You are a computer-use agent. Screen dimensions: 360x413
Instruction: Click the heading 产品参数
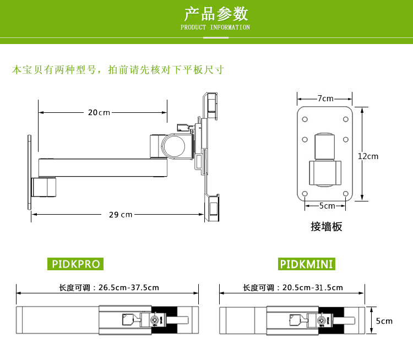pos(216,13)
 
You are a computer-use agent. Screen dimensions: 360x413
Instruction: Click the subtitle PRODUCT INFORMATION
pos(215,27)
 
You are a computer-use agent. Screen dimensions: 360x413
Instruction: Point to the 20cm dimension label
pos(99,112)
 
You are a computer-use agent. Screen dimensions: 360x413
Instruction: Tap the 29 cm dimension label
pos(121,214)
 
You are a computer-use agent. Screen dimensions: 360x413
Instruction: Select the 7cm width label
pos(325,99)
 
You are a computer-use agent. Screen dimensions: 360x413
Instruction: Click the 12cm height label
pos(368,156)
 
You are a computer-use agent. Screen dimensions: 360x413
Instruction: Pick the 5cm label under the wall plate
pos(327,206)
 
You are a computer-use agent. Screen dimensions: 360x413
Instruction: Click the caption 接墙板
pos(326,226)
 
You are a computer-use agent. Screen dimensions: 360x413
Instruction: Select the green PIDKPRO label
pos(76,264)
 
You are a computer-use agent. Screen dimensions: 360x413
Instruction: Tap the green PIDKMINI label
pos(307,264)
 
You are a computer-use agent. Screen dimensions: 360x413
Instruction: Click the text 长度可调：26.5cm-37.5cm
pos(109,287)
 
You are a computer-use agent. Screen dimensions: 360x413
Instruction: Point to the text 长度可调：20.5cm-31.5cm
pos(293,287)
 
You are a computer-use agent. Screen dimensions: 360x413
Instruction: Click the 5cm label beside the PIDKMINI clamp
pos(384,320)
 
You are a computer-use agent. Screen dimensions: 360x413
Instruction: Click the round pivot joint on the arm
pos(175,146)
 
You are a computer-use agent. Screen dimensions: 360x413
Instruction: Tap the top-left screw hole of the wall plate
pos(305,118)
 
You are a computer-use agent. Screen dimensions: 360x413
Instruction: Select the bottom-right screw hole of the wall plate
pos(345,193)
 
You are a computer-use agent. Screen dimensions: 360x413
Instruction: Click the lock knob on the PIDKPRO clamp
pos(158,320)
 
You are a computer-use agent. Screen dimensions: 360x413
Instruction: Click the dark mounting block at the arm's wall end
pos(44,187)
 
